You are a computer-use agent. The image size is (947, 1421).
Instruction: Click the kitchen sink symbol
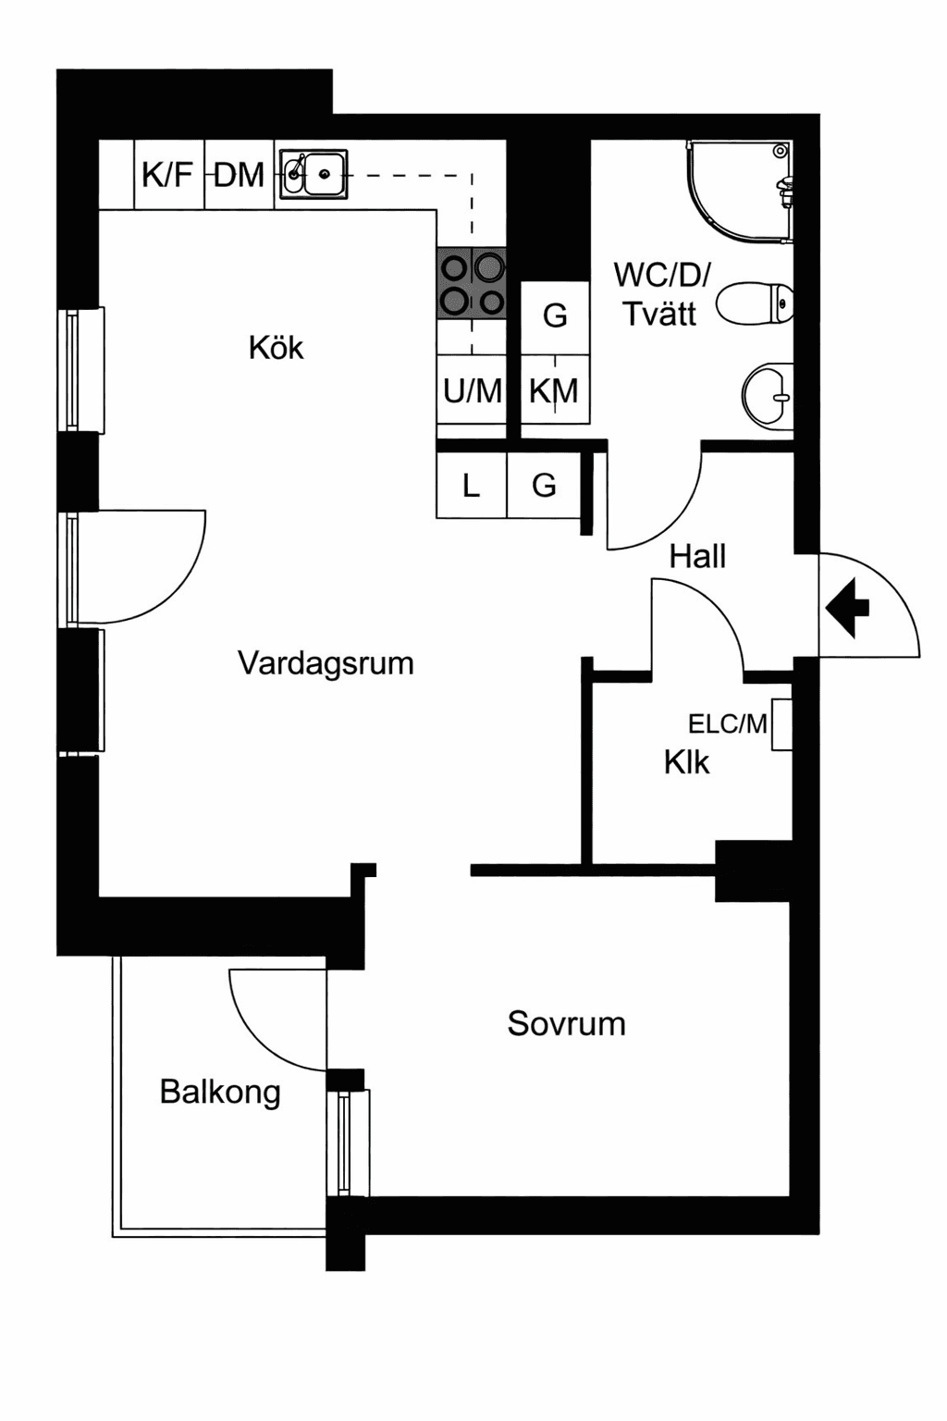coord(314,173)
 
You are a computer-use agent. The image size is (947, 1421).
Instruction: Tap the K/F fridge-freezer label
coord(167,174)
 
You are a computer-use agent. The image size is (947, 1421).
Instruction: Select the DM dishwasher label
coord(239,174)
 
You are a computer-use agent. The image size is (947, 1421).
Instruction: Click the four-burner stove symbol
coord(472,283)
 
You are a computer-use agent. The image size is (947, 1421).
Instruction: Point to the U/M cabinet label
coord(472,391)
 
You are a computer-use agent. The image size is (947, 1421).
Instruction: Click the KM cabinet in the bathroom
coord(554,391)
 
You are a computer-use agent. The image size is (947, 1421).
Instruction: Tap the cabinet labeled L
coord(471,485)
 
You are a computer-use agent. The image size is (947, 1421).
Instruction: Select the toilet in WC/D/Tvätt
coord(755,304)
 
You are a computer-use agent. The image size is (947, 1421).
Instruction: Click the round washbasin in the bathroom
coord(769,396)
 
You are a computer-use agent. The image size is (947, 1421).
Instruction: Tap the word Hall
coord(697,556)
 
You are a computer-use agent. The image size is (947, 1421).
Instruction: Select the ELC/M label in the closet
coord(728,723)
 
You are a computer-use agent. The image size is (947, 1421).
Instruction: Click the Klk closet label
coord(686,762)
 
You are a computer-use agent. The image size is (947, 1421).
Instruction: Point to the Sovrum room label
coord(566,1023)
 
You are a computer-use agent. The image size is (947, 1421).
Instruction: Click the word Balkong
coord(220,1092)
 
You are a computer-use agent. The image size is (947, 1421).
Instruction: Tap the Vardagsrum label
coord(326,663)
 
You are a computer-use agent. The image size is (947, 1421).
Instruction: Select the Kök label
coord(276,348)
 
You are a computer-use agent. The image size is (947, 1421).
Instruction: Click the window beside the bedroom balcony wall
coord(348,1143)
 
